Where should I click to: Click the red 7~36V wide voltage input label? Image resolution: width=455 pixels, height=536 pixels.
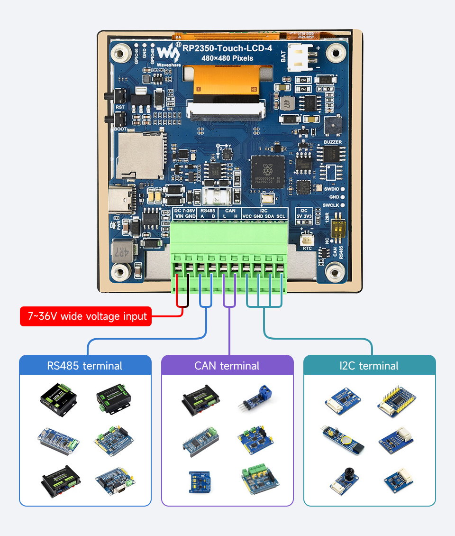pyautogui.click(x=86, y=316)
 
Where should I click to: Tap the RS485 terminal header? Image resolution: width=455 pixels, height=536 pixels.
pyautogui.click(x=85, y=366)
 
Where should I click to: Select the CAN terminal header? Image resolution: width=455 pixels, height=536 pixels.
pyautogui.click(x=227, y=366)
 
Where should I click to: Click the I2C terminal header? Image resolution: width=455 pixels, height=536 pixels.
pyautogui.click(x=369, y=366)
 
